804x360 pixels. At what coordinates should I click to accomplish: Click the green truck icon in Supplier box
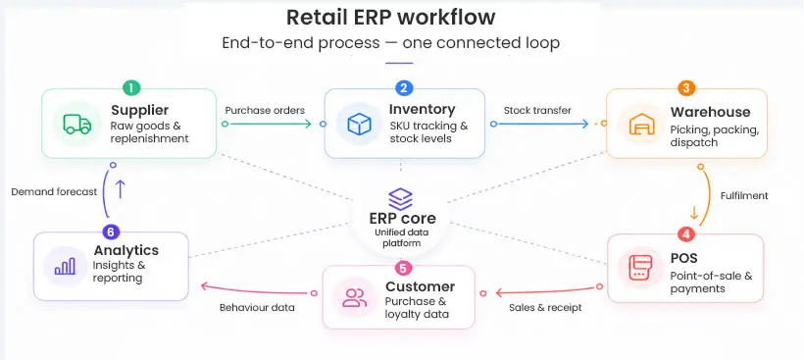click(76, 125)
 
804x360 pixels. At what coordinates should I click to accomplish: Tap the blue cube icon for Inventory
click(358, 125)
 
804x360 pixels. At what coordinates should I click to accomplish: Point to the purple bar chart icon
click(66, 266)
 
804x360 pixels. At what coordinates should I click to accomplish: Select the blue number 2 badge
click(404, 88)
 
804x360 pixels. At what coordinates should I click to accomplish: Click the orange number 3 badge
click(686, 88)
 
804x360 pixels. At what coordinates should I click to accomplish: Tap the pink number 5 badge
click(402, 267)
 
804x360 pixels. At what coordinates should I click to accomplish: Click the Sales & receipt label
click(545, 307)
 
